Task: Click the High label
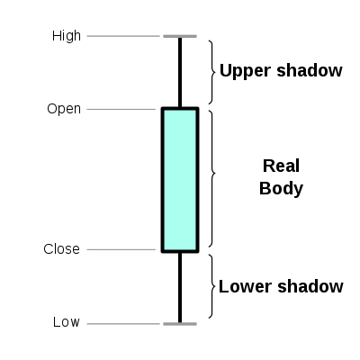coord(67,36)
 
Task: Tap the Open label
coord(64,109)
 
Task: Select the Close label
coord(62,249)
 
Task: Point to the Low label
coord(67,322)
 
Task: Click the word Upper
coord(245,71)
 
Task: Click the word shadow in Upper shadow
coord(310,70)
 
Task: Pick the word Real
coord(281,166)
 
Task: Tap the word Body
coord(281,189)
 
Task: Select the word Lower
coord(246,286)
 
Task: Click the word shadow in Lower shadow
coord(310,286)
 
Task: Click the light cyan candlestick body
coord(180,180)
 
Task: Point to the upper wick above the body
coord(180,72)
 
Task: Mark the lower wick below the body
coord(180,287)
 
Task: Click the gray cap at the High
coord(180,36)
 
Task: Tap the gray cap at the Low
coord(180,324)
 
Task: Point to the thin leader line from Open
coord(121,109)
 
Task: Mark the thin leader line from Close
coord(121,249)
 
